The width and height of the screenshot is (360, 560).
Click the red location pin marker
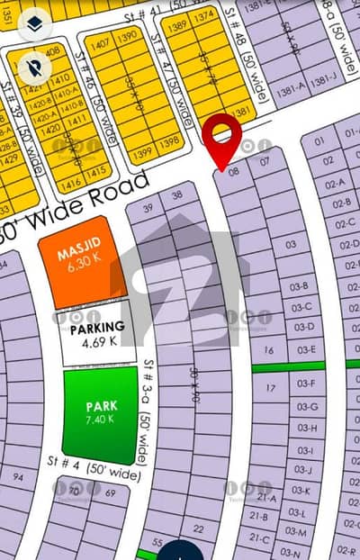(x=220, y=137)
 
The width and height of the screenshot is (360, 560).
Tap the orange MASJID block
(x=76, y=258)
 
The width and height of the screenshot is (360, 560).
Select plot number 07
(x=264, y=162)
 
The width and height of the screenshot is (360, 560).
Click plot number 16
(x=267, y=350)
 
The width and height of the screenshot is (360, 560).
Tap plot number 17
(x=271, y=388)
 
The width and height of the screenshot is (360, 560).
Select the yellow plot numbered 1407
(x=99, y=43)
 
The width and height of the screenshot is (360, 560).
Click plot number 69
(x=111, y=493)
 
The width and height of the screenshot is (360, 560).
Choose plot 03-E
(x=306, y=349)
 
